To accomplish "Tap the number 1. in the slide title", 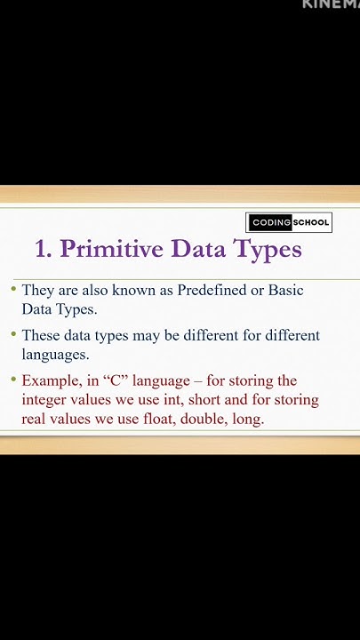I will click(x=44, y=249).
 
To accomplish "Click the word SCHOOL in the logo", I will click(x=311, y=223).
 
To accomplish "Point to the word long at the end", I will click(x=249, y=419).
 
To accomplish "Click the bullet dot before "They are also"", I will click(x=13, y=289).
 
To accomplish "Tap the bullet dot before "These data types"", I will click(x=13, y=335).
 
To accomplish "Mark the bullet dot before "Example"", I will click(x=13, y=380).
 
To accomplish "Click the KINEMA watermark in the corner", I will click(x=331, y=4).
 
